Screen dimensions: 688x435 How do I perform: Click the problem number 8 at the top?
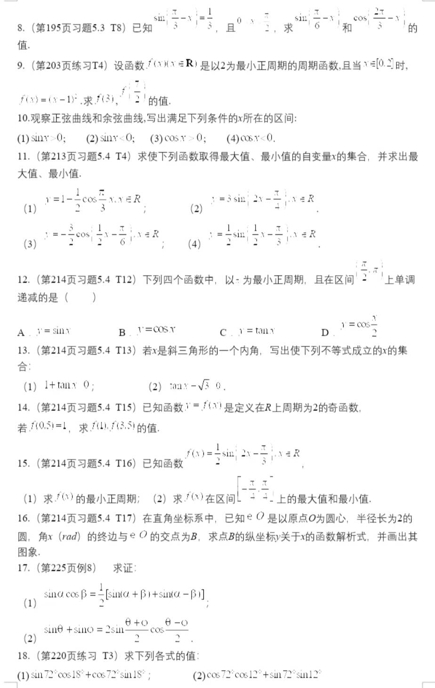point(21,28)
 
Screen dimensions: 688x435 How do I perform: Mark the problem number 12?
point(23,280)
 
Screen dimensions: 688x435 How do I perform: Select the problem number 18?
point(23,656)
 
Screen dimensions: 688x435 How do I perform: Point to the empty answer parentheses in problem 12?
point(81,297)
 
